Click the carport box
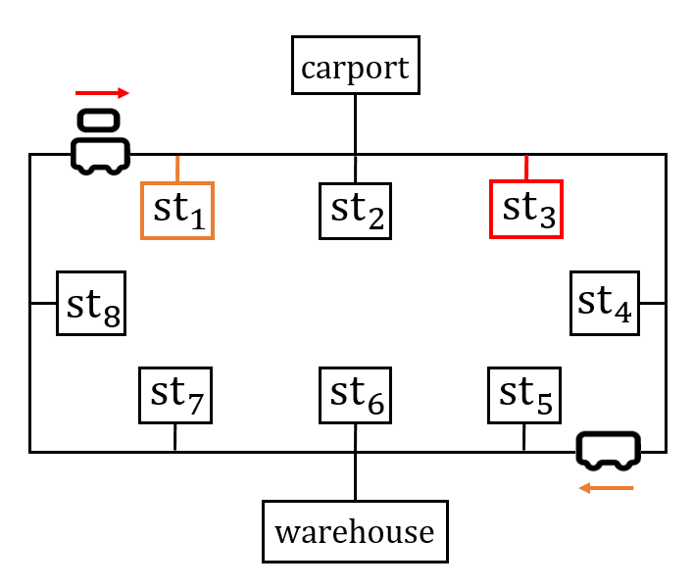[x=355, y=66]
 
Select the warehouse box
[x=355, y=531]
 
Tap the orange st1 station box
[x=177, y=210]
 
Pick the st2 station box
[x=355, y=210]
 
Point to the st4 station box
[x=606, y=303]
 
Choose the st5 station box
[x=524, y=395]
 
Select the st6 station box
[x=355, y=395]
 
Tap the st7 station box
[x=175, y=395]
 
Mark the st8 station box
[x=91, y=304]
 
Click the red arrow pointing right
[x=102, y=93]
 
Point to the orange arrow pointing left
[x=606, y=487]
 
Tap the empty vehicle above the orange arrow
[x=609, y=449]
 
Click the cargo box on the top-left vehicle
[x=99, y=121]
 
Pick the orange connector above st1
[x=177, y=168]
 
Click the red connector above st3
[x=526, y=167]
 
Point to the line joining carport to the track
[x=355, y=123]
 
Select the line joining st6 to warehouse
[x=355, y=476]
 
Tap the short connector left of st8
[x=43, y=304]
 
